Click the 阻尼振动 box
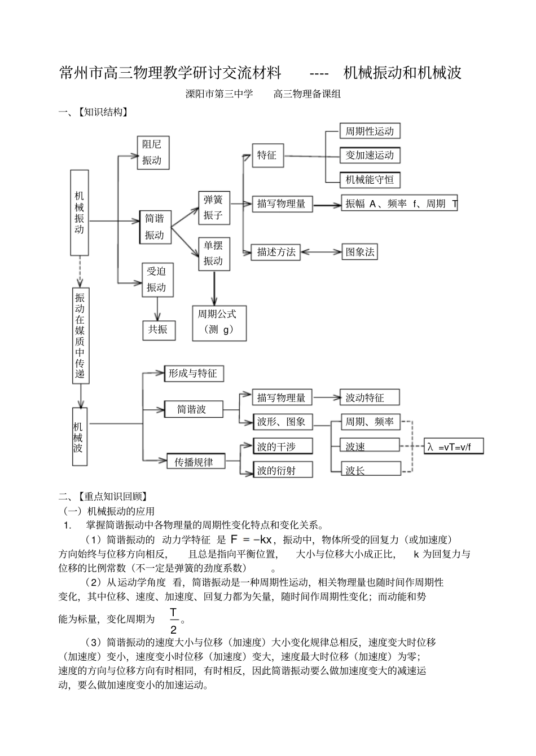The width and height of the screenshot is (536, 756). [153, 152]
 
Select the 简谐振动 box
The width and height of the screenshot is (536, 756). [155, 227]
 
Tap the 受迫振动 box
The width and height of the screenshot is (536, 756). [157, 280]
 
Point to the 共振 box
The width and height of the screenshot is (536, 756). [158, 329]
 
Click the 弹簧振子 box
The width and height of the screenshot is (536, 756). [214, 207]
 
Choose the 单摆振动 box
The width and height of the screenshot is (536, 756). [214, 253]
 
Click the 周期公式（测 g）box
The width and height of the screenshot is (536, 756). [219, 322]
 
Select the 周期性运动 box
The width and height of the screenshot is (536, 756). [370, 131]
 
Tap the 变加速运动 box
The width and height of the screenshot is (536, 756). [370, 156]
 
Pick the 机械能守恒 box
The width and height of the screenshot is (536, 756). [370, 180]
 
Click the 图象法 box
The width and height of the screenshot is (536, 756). [360, 252]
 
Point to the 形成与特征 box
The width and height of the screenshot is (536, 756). [193, 373]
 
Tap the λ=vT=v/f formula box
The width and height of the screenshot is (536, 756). [454, 447]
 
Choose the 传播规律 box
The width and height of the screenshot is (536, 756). [194, 462]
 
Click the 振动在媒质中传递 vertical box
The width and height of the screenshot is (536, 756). [80, 335]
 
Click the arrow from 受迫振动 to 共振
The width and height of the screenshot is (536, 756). [157, 309]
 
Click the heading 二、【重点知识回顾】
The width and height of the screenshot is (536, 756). [104, 497]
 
